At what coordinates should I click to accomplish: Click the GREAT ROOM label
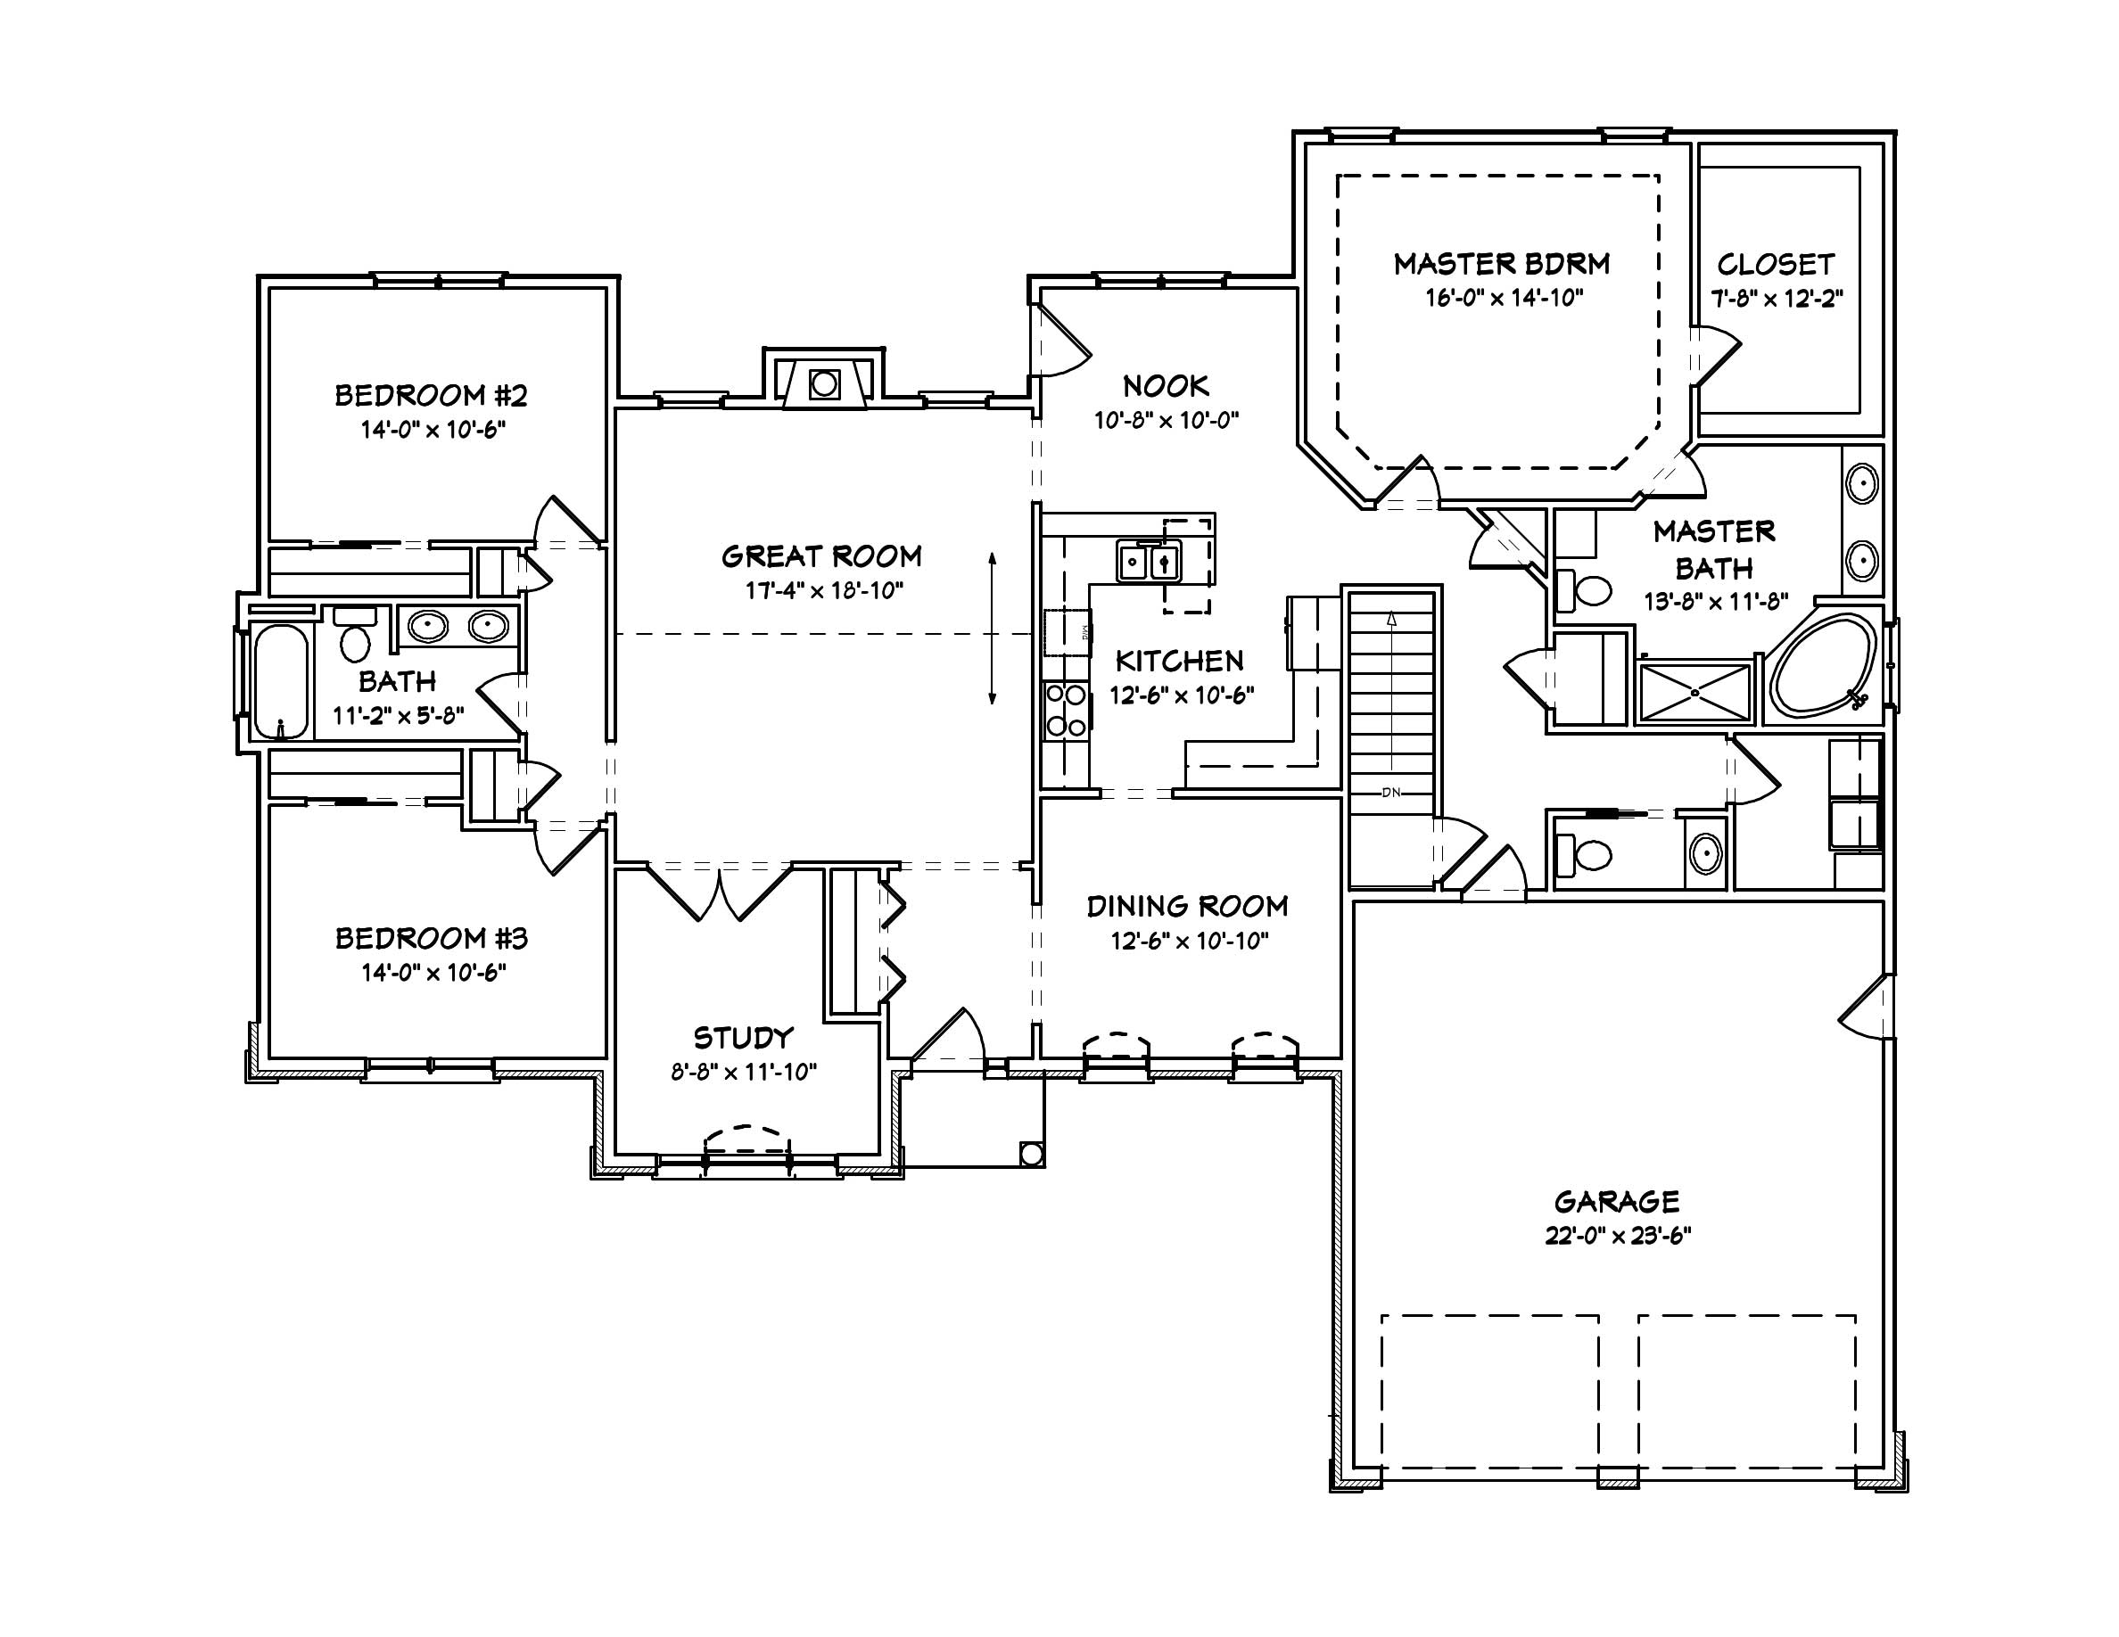click(820, 555)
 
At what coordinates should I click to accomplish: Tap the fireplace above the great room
click(824, 384)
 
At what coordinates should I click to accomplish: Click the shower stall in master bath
click(1694, 693)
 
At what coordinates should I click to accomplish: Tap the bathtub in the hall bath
click(280, 682)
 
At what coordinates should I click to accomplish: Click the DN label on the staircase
click(1390, 793)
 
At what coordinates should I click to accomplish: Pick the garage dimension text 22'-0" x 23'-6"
click(1618, 1237)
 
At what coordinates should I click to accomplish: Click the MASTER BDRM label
click(1501, 264)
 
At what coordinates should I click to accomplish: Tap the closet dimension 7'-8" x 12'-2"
click(1776, 299)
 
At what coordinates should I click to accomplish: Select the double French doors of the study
click(720, 893)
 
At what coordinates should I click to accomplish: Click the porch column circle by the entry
click(1031, 1154)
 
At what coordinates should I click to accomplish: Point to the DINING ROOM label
click(1188, 906)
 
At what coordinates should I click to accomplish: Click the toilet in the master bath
click(1586, 588)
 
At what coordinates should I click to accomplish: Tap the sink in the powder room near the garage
click(1704, 853)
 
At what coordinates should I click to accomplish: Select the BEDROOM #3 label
click(431, 938)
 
